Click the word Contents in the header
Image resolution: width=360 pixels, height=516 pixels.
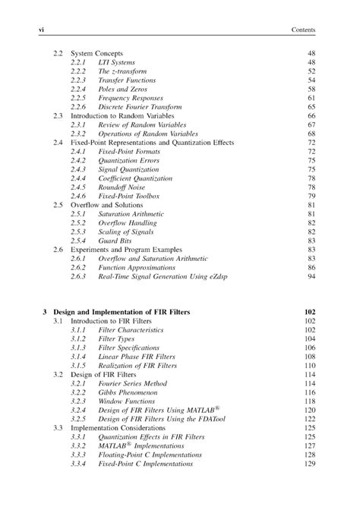coord(303,30)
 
